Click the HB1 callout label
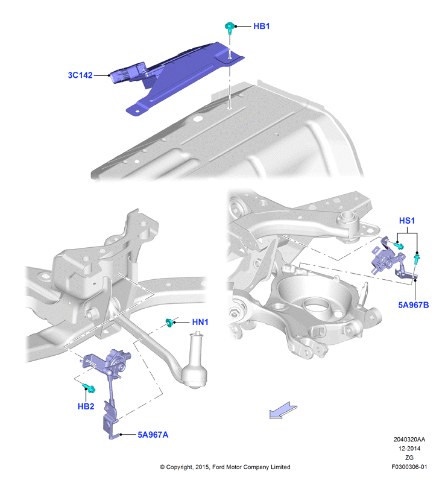coord(261,26)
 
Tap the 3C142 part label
coord(80,75)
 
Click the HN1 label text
coord(200,322)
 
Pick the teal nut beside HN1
coord(169,323)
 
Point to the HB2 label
coord(86,406)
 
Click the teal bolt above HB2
coord(89,388)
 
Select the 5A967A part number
coord(153,435)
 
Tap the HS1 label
coord(407,221)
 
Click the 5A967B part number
coord(414,305)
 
